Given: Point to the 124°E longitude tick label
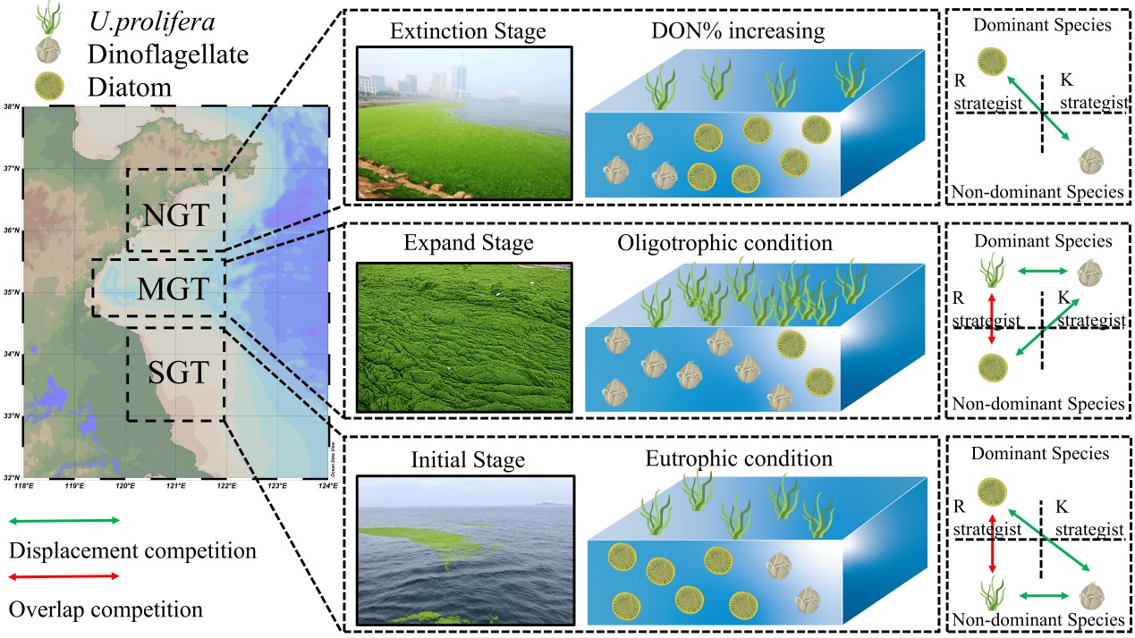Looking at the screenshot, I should pos(328,486).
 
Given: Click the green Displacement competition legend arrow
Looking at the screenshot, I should pos(64,520).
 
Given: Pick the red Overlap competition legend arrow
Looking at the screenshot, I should pos(64,576).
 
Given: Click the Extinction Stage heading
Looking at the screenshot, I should pos(468,33).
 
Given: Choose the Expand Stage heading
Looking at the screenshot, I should pos(468,243).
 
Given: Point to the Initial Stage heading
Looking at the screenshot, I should pos(468,460).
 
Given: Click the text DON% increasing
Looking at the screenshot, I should pos(738,32).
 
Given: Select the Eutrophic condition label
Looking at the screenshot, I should pos(738,459).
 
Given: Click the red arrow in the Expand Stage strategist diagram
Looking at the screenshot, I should pos(991,320).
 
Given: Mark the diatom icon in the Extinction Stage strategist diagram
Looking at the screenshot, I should pos(990,62).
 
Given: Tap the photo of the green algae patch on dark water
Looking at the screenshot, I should pos(464,550).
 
